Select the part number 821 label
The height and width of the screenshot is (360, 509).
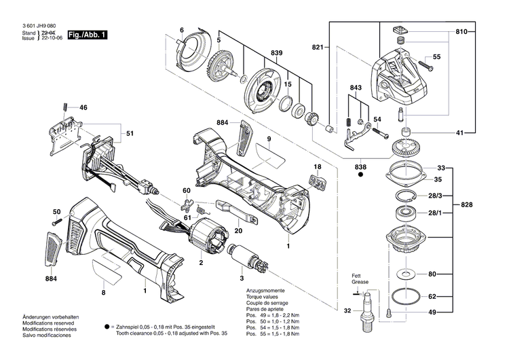(318, 47)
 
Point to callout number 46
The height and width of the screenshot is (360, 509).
(83, 107)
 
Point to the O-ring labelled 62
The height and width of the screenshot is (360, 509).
(406, 297)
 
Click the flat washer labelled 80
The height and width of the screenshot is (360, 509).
(407, 274)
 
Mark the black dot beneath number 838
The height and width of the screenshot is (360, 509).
(360, 175)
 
